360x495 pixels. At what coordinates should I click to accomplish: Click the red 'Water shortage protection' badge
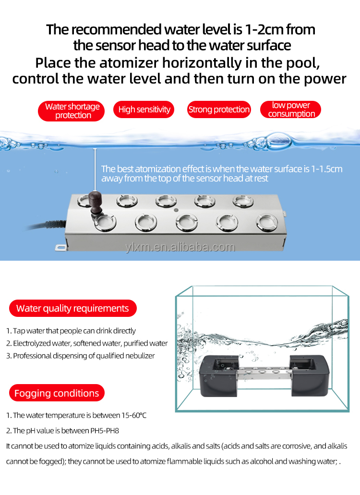point(72,110)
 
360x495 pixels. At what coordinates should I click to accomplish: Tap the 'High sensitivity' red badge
point(144,109)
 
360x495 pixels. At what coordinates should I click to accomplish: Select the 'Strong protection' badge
point(219,109)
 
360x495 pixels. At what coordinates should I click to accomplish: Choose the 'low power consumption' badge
point(291,109)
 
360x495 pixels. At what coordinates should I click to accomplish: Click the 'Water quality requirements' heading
point(72,308)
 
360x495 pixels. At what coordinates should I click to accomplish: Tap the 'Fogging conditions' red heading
point(57,393)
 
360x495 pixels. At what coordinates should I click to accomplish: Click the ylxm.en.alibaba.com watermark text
point(180,247)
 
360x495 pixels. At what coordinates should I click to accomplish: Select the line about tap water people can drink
point(71,331)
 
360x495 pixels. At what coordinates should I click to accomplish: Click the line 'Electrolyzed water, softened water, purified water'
point(87,343)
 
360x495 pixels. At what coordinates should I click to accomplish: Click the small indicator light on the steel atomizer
point(176,210)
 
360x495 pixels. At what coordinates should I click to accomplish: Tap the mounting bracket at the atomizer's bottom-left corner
point(60,248)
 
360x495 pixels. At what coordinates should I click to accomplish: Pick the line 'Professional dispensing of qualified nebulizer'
point(81,356)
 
